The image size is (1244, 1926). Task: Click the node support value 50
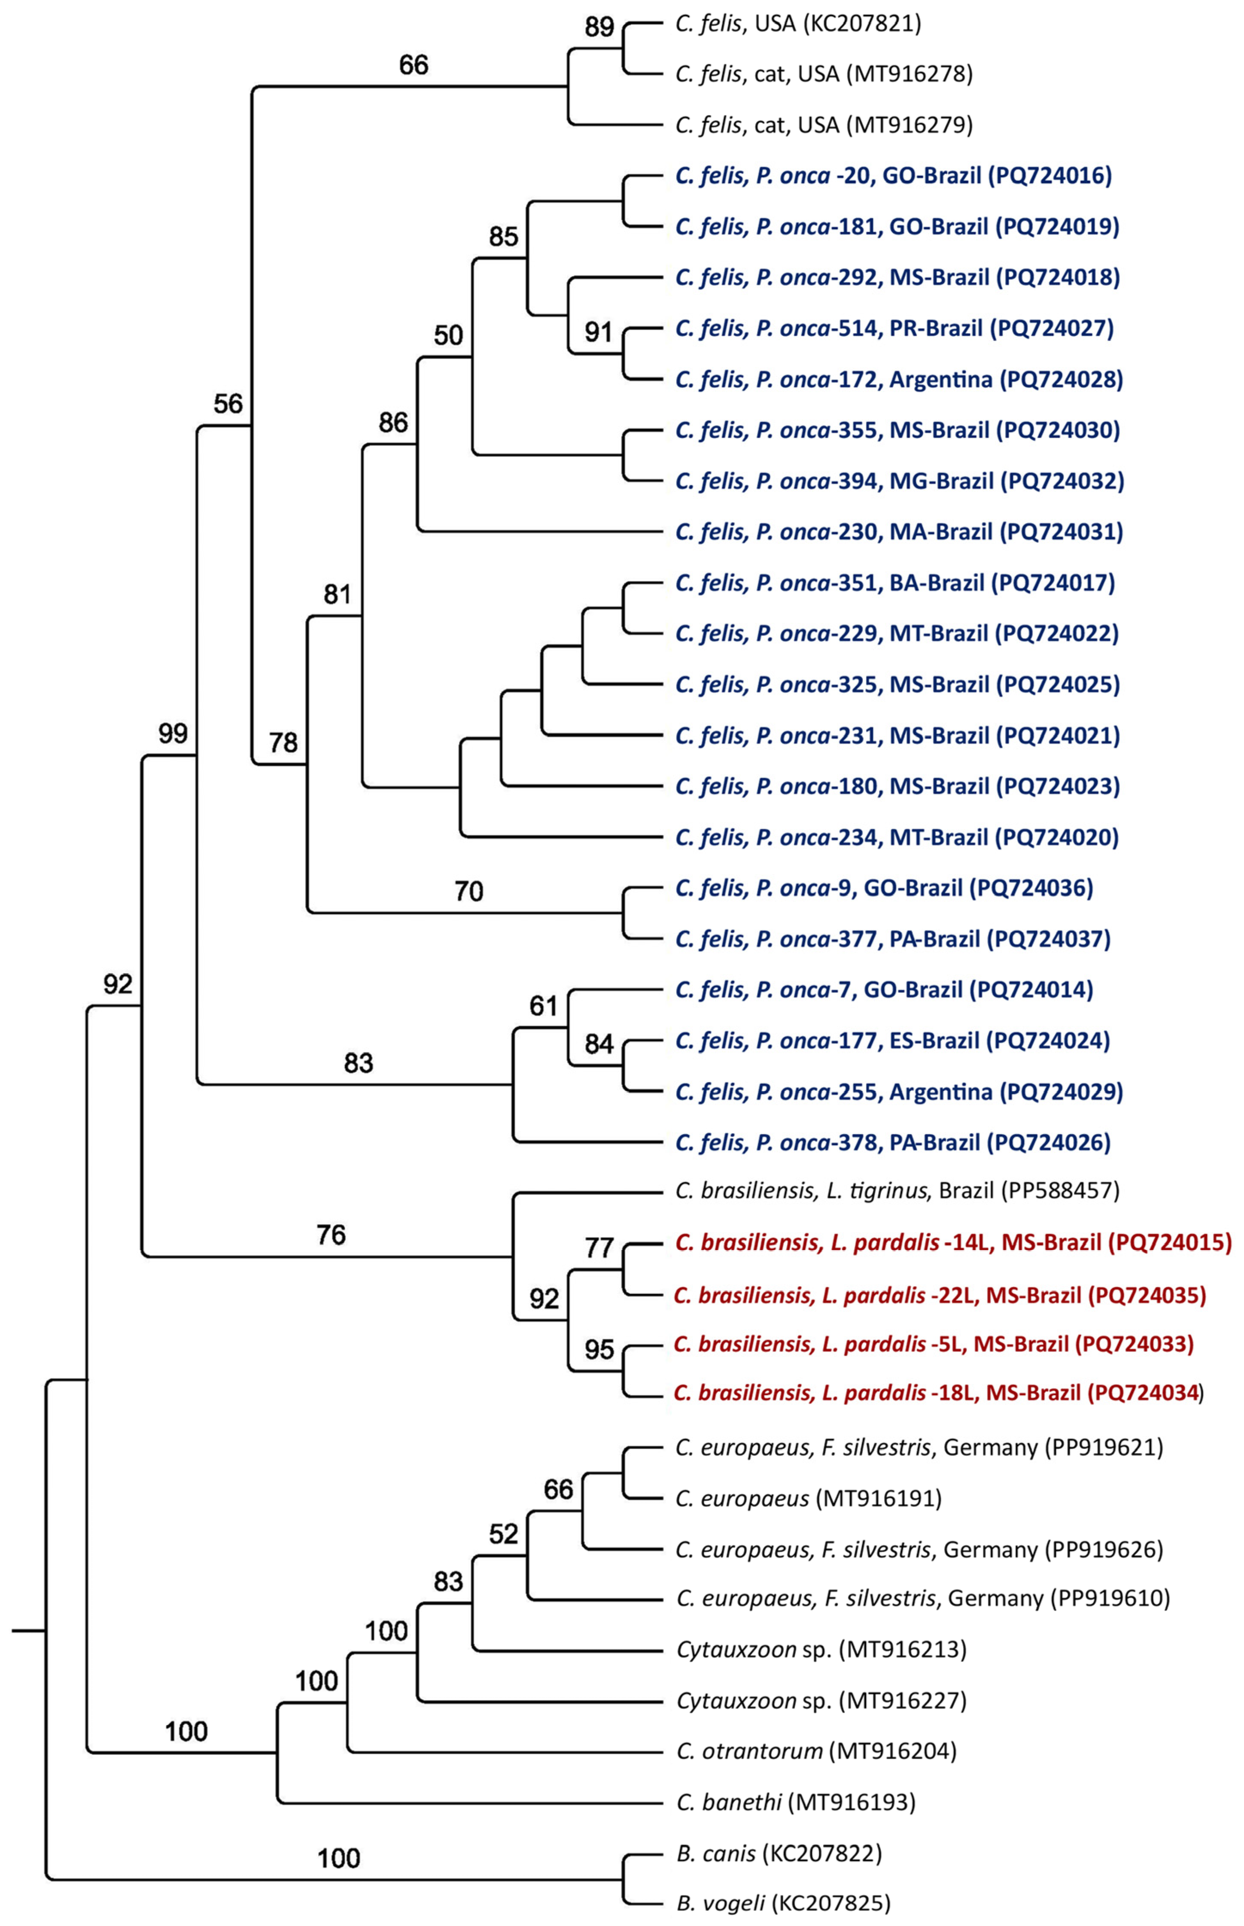[448, 335]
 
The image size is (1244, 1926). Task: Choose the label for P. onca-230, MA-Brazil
[898, 532]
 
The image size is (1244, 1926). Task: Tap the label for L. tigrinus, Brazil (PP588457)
[897, 1190]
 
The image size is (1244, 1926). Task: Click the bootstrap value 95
[599, 1349]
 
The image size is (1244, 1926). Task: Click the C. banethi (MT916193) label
[796, 1801]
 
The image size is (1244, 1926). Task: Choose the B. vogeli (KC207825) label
[783, 1903]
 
